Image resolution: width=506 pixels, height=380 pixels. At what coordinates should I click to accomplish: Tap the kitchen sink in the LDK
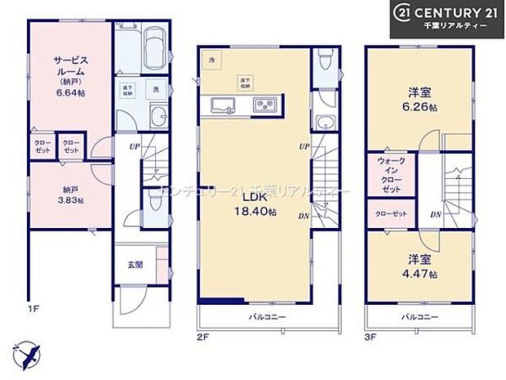(x=224, y=103)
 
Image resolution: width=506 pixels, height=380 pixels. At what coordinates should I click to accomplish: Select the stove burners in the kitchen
(x=266, y=103)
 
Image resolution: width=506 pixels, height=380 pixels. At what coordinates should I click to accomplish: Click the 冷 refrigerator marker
(x=211, y=61)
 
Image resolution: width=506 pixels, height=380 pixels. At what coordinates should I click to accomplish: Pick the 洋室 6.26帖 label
(x=419, y=97)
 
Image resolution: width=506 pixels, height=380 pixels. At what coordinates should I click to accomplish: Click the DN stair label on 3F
(x=436, y=214)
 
